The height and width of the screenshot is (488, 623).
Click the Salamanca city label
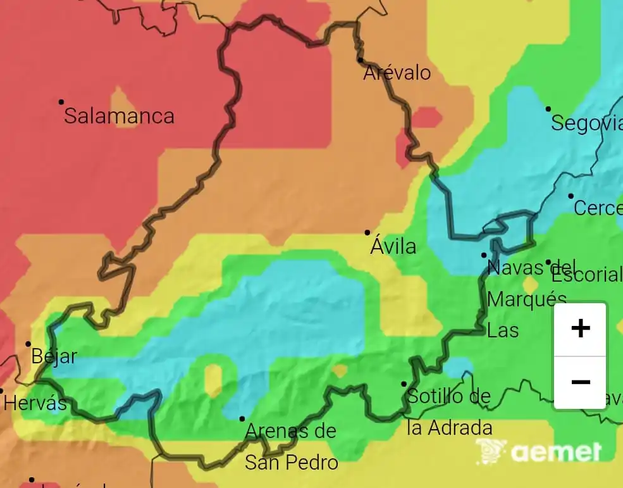click(119, 116)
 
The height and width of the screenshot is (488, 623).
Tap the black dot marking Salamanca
click(61, 102)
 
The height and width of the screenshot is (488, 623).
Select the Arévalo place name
click(397, 73)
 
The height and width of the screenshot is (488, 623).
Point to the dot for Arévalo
click(360, 60)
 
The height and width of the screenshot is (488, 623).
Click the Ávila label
click(393, 246)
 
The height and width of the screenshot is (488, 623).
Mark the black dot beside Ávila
click(367, 233)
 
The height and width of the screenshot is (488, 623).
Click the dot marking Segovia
click(548, 109)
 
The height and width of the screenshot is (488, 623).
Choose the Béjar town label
click(54, 356)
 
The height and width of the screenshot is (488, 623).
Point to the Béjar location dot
click(28, 344)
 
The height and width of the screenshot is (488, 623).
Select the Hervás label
click(35, 403)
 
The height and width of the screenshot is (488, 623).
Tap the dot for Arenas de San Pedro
click(242, 419)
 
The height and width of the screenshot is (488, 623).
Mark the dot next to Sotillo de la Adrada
click(404, 384)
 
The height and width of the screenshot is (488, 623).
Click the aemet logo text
click(555, 452)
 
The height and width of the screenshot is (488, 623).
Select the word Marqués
click(526, 299)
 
